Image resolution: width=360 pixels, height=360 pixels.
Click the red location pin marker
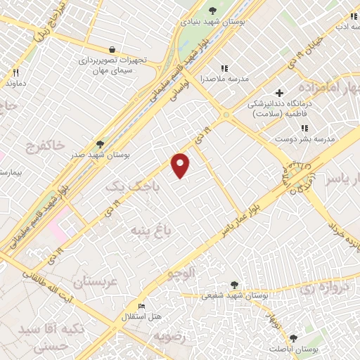[x=181, y=165]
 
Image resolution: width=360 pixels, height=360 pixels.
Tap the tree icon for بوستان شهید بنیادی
[x=213, y=9]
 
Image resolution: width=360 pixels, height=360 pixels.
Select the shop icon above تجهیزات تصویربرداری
[x=112, y=49]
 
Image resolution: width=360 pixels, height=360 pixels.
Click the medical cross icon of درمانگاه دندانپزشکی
[x=279, y=93]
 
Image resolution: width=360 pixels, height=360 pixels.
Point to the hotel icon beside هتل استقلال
[x=141, y=307]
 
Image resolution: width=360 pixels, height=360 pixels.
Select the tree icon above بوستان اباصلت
[x=293, y=338]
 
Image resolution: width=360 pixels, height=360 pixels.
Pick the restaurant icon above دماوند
[x=15, y=72]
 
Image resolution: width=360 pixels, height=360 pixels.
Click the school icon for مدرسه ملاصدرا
[x=224, y=68]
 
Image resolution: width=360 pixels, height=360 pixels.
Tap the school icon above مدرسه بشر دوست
[x=304, y=128]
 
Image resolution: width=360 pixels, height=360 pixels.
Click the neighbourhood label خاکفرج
[x=46, y=146]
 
